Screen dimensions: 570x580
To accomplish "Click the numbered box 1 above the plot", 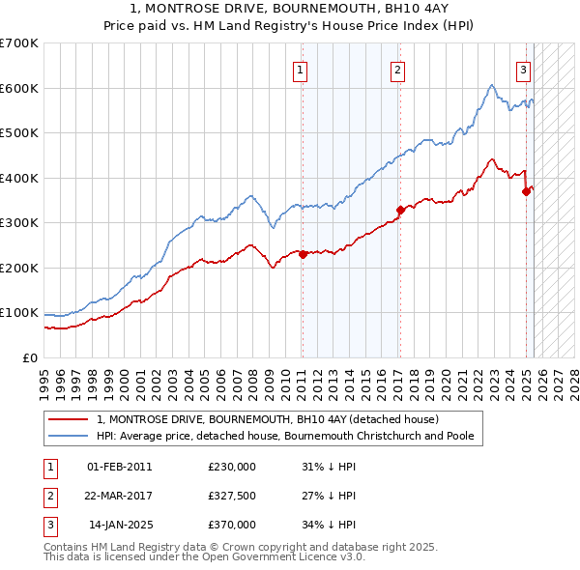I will click(x=301, y=70).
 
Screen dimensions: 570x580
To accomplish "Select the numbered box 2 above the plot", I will click(x=398, y=70).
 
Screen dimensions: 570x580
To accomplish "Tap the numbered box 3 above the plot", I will click(x=523, y=70).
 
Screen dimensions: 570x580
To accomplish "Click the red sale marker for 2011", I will click(x=303, y=255).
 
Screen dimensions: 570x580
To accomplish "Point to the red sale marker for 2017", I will click(x=400, y=209).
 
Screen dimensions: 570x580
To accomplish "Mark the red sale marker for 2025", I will click(x=527, y=191).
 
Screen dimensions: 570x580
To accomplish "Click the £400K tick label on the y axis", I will click(x=19, y=178).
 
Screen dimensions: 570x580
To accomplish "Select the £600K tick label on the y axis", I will click(x=19, y=88).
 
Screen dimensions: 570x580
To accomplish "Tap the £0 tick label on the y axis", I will click(x=30, y=357).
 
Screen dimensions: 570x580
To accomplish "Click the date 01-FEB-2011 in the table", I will click(x=120, y=467).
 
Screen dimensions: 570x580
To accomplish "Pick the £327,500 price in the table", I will click(x=232, y=496).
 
